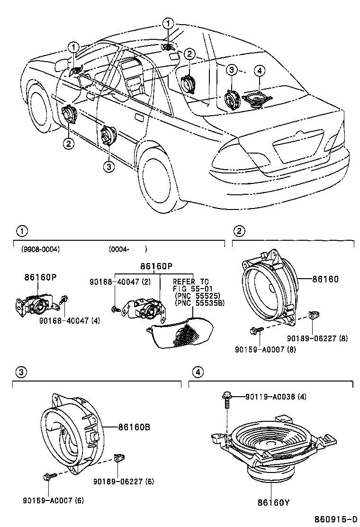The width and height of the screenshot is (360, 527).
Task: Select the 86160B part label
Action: (x=134, y=427)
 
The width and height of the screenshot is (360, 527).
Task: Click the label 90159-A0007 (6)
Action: (x=53, y=500)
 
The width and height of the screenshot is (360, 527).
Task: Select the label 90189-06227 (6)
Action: (x=123, y=482)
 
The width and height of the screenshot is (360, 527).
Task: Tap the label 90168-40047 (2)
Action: (x=113, y=282)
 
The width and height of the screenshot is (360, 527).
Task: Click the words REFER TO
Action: (x=190, y=281)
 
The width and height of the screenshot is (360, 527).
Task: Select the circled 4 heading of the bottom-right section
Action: (x=199, y=372)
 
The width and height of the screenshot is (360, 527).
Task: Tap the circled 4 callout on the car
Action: (x=259, y=71)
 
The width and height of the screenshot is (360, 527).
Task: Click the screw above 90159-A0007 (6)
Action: (x=49, y=477)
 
